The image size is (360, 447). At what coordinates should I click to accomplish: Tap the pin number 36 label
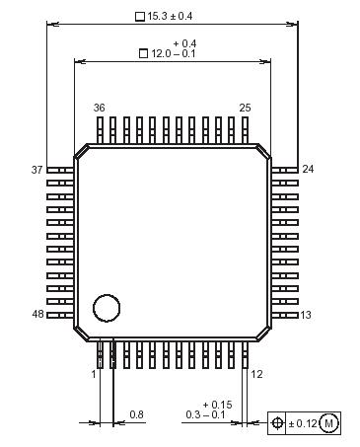tap(99, 107)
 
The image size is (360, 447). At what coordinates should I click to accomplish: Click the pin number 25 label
tap(246, 107)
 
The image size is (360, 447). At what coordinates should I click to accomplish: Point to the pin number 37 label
tap(36, 170)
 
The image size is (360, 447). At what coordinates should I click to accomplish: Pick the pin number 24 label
tap(308, 170)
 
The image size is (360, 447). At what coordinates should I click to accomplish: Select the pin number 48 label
tap(36, 315)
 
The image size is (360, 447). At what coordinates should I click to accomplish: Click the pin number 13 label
tap(307, 315)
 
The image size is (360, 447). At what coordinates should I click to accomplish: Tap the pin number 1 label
tap(94, 374)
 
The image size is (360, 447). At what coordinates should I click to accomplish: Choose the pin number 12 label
tap(256, 374)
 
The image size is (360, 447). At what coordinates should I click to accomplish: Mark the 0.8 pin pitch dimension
tap(136, 414)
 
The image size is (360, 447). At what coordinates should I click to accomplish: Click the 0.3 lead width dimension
tap(194, 414)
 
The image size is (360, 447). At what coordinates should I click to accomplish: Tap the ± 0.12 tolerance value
tap(303, 423)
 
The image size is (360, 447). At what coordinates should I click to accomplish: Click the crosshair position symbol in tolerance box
tap(278, 423)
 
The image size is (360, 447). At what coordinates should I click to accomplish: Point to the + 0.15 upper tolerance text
tap(217, 404)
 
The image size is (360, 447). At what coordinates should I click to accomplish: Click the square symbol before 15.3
tap(139, 17)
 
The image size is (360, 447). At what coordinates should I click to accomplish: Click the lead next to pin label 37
tap(60, 170)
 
